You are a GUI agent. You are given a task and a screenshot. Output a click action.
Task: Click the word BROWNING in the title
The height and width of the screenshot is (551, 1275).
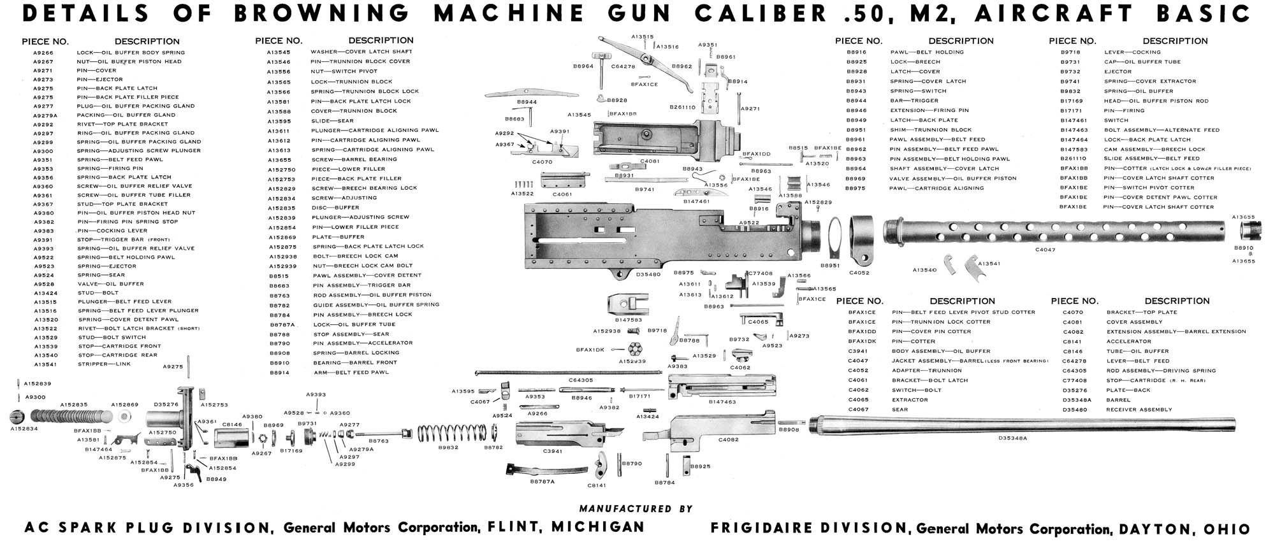[322, 13]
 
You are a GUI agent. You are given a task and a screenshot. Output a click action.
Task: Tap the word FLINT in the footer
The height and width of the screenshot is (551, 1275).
[513, 527]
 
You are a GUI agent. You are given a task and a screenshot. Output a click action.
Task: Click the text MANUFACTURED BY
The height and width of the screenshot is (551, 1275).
[635, 509]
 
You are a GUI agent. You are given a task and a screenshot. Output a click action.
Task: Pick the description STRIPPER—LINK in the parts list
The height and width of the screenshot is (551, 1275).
[104, 364]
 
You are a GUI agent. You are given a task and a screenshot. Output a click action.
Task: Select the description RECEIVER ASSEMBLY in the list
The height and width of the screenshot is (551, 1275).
[1139, 410]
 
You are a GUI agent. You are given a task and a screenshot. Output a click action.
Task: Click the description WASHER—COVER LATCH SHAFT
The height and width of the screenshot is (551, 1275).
[361, 52]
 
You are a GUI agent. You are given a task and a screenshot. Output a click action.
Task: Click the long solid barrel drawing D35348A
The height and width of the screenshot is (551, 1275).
[1020, 425]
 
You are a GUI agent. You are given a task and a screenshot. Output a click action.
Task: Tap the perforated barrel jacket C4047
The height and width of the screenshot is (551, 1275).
[1052, 231]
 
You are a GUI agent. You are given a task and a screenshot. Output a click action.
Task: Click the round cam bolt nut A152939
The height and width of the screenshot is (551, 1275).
[634, 350]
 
